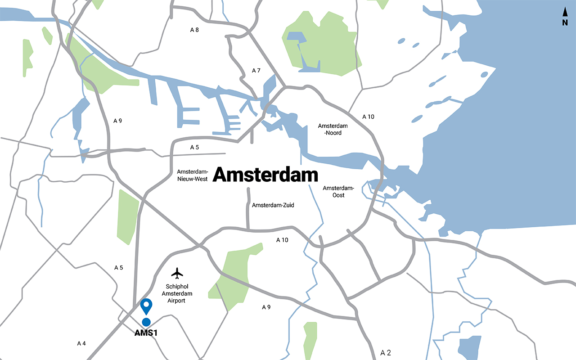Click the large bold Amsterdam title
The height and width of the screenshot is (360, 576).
pos(265,175)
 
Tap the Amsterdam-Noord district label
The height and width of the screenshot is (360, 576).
pos(333,130)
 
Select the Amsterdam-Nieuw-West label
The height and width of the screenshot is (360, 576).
pos(192,175)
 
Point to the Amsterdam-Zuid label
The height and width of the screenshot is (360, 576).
pos(273,205)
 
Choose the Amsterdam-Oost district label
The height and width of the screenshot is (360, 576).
pos(338,192)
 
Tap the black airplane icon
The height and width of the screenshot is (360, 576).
pos(178,273)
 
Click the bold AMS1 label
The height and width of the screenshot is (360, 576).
pos(146,333)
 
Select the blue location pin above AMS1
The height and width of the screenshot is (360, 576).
pos(146,306)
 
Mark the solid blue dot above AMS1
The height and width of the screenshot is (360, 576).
pos(146,322)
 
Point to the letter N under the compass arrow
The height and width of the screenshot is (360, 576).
pos(565,23)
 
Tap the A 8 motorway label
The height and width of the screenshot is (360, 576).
pos(194,30)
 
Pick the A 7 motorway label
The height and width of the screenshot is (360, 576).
pos(256,71)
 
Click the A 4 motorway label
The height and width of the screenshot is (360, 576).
pos(81,343)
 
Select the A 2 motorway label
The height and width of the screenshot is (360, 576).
pos(386,352)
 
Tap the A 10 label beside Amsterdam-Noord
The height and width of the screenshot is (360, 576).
pos(368,117)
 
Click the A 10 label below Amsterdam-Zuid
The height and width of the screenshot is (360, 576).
pos(282,240)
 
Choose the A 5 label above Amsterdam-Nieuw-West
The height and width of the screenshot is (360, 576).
pos(194,147)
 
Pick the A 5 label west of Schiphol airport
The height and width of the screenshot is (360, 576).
pos(118,268)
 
